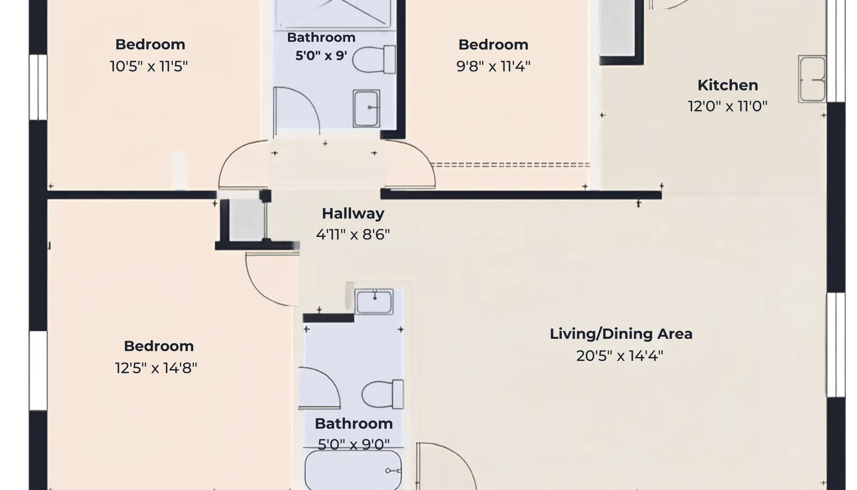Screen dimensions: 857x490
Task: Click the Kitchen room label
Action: point(728,85)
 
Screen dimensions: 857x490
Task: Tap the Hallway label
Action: point(353,213)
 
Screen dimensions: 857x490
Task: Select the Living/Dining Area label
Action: point(621,334)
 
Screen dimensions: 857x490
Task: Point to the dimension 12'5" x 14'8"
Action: point(156,368)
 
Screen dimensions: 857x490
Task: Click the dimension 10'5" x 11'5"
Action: point(149,66)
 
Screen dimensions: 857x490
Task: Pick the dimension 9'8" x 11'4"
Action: point(493,66)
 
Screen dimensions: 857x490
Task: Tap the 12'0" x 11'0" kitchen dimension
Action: point(728,106)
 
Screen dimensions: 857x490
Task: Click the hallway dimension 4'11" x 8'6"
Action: point(353,234)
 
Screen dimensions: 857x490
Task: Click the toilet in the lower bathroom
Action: point(382,394)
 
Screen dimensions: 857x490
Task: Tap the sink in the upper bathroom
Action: point(366,108)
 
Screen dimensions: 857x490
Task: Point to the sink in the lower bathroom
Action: point(374,302)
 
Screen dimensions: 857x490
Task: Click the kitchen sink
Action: point(812,79)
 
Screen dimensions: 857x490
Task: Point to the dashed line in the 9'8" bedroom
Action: point(510,165)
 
